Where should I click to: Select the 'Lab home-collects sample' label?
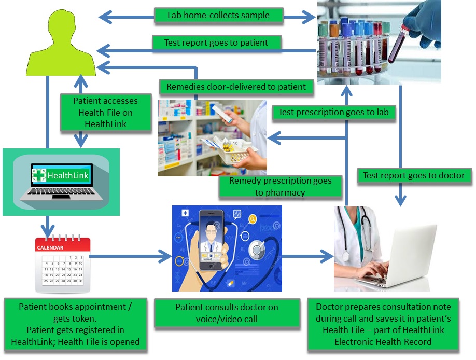[218, 15]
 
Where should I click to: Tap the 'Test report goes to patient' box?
[216, 43]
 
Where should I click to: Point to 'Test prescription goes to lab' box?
[333, 112]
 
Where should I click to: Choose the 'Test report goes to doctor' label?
[413, 175]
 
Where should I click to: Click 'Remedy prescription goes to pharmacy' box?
[281, 187]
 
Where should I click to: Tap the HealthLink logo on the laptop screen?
[61, 175]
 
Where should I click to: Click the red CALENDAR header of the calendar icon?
[51, 247]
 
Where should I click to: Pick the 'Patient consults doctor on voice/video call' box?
[227, 313]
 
